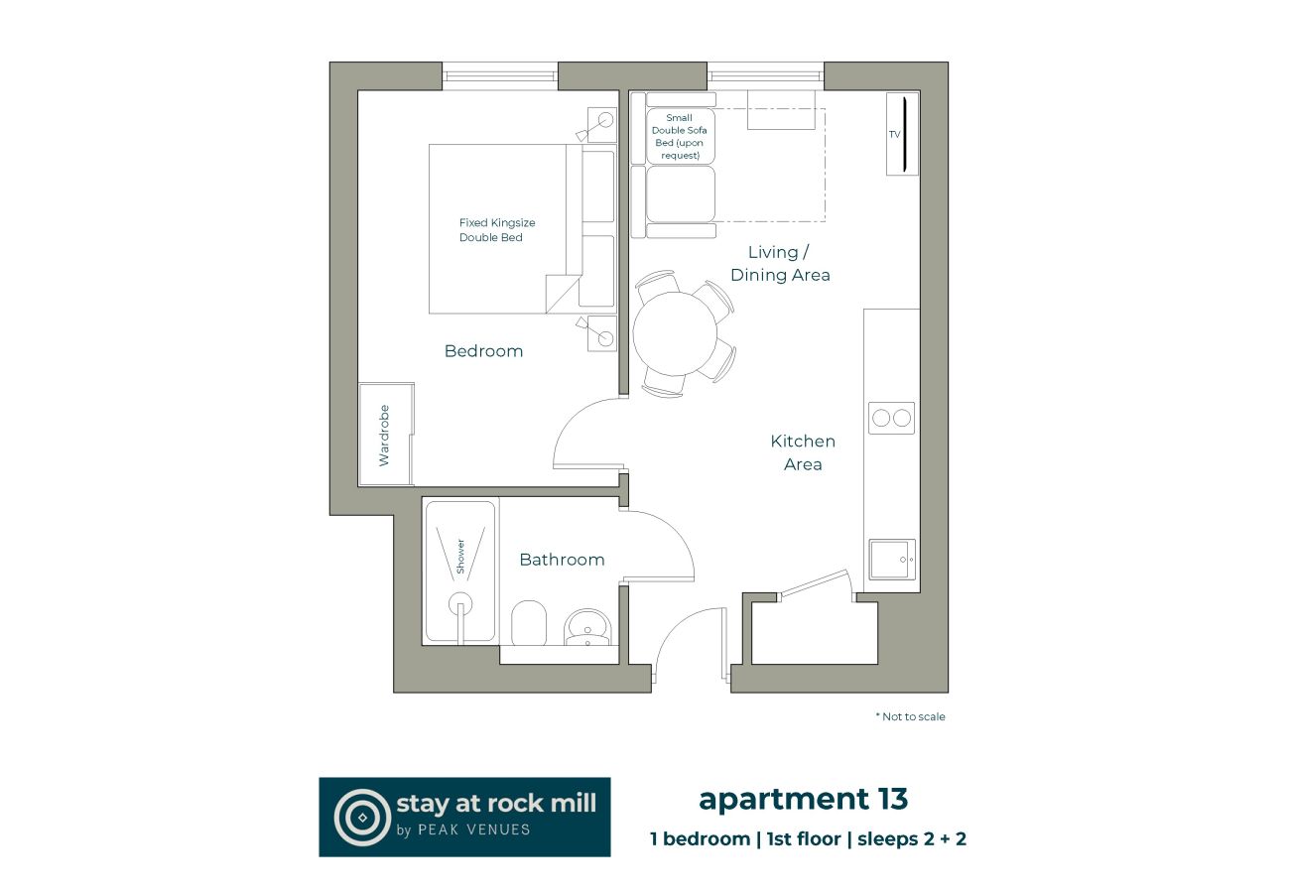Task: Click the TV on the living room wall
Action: click(x=902, y=134)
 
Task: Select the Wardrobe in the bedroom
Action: click(x=385, y=435)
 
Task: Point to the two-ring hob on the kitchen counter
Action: click(x=891, y=418)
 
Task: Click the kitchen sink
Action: click(x=891, y=559)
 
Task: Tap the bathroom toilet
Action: click(x=529, y=623)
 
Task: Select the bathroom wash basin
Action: click(x=587, y=627)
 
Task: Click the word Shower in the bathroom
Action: click(x=460, y=556)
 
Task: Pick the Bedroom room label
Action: click(x=483, y=351)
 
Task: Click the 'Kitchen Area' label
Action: click(x=803, y=452)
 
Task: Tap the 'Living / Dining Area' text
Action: click(x=780, y=264)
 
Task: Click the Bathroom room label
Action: click(x=562, y=560)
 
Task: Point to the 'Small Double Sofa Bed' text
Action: click(x=680, y=137)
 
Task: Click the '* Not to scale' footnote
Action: click(x=910, y=716)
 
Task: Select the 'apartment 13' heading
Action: click(x=803, y=798)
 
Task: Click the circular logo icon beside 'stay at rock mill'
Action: click(x=362, y=817)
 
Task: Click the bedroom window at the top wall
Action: click(x=500, y=75)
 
